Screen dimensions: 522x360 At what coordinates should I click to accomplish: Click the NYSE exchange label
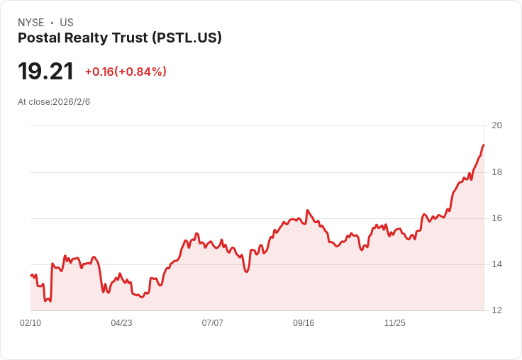pyautogui.click(x=31, y=23)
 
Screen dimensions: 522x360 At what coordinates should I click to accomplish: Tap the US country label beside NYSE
pyautogui.click(x=67, y=23)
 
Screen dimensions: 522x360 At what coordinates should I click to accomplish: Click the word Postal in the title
pyautogui.click(x=39, y=38)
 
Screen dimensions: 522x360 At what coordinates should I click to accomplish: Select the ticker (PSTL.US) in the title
pyautogui.click(x=187, y=38)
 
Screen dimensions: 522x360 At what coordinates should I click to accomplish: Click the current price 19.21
pyautogui.click(x=45, y=71)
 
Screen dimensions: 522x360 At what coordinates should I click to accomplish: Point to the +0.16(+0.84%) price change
pyautogui.click(x=126, y=72)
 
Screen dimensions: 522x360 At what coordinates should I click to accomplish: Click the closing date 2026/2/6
pyautogui.click(x=71, y=102)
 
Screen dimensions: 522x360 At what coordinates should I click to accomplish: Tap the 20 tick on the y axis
pyautogui.click(x=497, y=125)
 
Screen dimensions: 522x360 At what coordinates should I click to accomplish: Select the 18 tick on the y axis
pyautogui.click(x=497, y=172)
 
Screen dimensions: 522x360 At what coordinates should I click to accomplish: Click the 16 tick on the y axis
pyautogui.click(x=497, y=218)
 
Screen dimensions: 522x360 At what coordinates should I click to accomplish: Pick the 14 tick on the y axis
pyautogui.click(x=497, y=264)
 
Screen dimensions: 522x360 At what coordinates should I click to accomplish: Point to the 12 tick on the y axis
pyautogui.click(x=497, y=310)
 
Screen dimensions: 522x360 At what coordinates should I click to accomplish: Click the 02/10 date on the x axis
pyautogui.click(x=30, y=323)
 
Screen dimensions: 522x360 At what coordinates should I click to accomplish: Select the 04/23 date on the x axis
pyautogui.click(x=121, y=323)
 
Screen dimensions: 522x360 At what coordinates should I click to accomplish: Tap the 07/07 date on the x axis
pyautogui.click(x=212, y=323)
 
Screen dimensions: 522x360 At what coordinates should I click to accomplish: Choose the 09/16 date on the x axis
pyautogui.click(x=304, y=323)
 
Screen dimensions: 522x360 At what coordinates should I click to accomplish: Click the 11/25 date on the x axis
pyautogui.click(x=395, y=323)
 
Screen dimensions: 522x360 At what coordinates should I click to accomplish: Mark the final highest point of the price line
pyautogui.click(x=484, y=145)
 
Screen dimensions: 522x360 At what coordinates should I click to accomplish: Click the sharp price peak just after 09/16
pyautogui.click(x=307, y=210)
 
